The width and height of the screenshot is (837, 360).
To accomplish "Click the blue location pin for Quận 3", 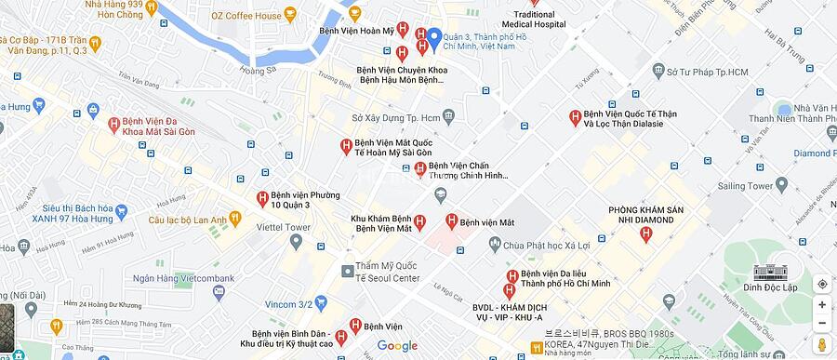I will (433, 39).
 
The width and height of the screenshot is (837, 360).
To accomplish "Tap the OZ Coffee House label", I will (246, 16).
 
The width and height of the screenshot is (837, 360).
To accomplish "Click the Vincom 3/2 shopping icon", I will (321, 303).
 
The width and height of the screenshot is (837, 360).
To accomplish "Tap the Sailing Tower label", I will (747, 186).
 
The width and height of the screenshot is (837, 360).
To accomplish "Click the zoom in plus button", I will (821, 304).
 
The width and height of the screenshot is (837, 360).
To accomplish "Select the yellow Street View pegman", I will (821, 346).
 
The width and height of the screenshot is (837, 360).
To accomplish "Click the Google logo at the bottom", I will (397, 346).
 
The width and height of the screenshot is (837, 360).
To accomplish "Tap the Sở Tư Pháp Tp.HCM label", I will (708, 72).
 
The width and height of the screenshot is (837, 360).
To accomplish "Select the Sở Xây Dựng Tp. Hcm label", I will (396, 118).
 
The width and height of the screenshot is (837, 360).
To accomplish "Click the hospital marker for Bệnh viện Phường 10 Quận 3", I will (262, 198).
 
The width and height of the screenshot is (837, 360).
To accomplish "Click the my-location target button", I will (821, 283).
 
